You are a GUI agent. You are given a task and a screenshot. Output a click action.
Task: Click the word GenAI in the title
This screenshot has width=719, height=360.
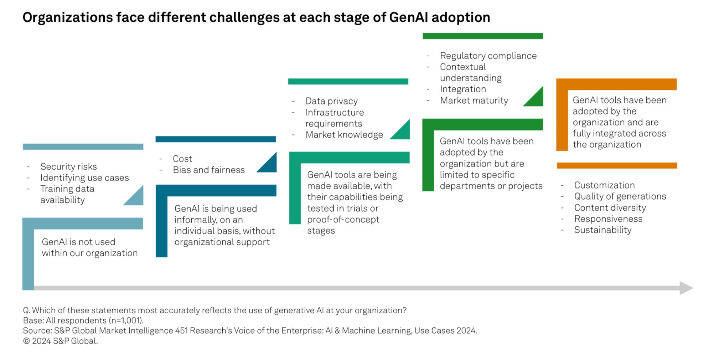(x=408, y=17)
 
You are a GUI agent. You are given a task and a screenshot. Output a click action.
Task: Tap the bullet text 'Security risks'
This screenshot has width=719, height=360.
(x=68, y=166)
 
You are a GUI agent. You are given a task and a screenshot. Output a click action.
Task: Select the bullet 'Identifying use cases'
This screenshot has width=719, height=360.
(x=84, y=178)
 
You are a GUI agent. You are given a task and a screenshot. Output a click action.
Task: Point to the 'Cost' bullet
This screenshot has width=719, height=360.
(x=182, y=159)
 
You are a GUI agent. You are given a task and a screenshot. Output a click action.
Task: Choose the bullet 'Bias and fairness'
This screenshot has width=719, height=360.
(x=209, y=170)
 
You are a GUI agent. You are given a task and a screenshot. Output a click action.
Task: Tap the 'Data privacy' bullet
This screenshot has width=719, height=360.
(x=331, y=101)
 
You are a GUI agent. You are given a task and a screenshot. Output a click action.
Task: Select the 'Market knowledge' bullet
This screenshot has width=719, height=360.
(x=344, y=135)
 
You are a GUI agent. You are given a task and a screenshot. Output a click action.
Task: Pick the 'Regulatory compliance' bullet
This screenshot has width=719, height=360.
(x=488, y=56)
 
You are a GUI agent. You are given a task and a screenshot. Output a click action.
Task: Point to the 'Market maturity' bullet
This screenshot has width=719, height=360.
(x=474, y=101)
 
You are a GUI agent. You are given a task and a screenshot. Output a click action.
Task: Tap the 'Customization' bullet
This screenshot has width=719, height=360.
(x=604, y=185)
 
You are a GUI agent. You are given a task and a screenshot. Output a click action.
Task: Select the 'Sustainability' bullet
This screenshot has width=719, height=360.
(x=602, y=230)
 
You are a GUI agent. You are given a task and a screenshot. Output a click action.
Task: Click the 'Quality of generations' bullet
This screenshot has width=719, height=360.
(x=620, y=196)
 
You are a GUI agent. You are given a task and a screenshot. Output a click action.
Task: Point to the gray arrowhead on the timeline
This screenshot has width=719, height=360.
(x=686, y=288)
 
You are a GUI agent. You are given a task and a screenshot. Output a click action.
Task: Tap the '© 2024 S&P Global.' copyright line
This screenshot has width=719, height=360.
(x=60, y=341)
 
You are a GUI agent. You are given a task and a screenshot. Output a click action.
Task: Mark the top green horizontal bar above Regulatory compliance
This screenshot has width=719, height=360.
(x=483, y=36)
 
